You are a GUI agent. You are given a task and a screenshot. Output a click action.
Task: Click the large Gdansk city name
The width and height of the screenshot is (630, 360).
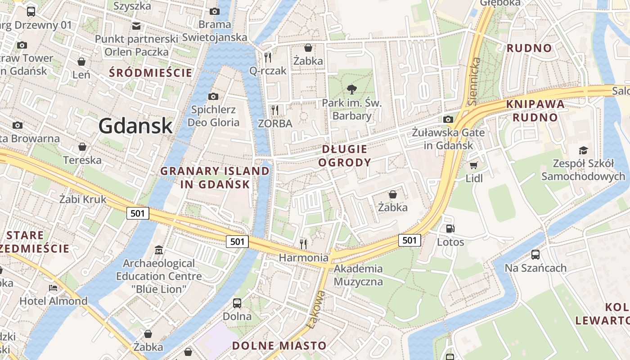(135, 126)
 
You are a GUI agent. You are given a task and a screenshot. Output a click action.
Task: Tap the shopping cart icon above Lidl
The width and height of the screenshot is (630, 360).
(473, 166)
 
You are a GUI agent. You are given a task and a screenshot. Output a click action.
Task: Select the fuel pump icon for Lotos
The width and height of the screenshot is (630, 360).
(450, 229)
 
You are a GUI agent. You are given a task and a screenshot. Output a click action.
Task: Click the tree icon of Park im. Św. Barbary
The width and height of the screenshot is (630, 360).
(352, 90)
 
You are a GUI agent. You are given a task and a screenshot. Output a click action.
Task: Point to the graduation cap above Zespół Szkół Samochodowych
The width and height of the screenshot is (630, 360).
(583, 150)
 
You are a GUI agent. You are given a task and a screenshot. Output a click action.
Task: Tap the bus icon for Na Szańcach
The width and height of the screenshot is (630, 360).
(535, 255)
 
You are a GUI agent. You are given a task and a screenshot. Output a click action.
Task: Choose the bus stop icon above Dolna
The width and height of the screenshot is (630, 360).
(237, 303)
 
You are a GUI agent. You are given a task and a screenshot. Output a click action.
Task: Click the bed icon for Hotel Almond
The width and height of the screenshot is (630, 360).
(53, 288)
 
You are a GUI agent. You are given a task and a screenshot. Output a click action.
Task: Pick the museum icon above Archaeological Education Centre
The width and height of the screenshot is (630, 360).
(158, 250)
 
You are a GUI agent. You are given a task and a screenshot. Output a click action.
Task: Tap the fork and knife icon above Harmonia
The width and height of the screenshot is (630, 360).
(304, 244)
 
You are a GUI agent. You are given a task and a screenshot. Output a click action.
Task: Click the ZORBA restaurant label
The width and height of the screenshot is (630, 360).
(275, 123)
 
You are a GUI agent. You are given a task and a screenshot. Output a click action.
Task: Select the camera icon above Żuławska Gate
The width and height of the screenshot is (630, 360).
(448, 119)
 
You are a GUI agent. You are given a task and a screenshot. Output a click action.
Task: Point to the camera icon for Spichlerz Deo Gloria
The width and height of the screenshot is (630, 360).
(213, 96)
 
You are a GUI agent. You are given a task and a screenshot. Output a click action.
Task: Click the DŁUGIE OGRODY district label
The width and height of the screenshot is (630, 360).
(345, 156)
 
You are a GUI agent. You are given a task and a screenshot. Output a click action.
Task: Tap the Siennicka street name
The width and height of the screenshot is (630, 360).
(474, 81)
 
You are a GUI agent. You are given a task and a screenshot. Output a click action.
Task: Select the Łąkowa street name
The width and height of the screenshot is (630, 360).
(315, 310)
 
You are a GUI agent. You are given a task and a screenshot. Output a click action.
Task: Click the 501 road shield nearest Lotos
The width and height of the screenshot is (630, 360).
(409, 240)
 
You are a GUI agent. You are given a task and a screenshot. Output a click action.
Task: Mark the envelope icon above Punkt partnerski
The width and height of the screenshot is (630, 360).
(136, 26)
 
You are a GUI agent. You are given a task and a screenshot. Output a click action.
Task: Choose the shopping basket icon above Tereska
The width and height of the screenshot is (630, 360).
(82, 147)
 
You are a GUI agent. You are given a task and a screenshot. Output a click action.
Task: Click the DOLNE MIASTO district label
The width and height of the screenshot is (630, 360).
(279, 346)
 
